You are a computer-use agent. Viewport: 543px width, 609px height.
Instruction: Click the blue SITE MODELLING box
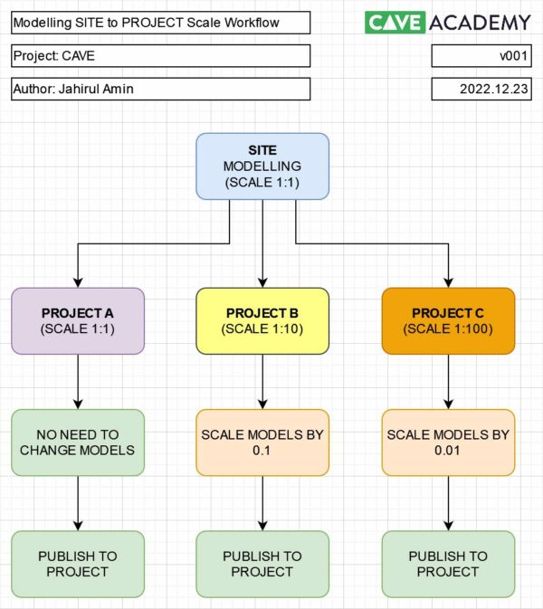(262, 167)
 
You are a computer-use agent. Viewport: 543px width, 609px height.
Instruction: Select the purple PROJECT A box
(78, 320)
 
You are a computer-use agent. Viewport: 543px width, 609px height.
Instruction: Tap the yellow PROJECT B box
(262, 320)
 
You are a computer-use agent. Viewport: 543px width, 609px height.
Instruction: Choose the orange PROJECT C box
(448, 320)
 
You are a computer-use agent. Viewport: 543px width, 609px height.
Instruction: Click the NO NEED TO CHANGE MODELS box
(78, 442)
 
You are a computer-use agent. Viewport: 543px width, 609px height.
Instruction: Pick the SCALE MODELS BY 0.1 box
(262, 442)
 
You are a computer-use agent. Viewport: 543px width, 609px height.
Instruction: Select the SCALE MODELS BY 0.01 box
(448, 442)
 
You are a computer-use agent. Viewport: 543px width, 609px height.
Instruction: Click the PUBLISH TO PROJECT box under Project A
(78, 563)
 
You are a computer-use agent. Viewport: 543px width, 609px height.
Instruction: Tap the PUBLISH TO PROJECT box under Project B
(262, 563)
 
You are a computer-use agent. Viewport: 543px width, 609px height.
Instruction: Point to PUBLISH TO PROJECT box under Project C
(448, 563)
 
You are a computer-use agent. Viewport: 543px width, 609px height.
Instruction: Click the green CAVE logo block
(395, 23)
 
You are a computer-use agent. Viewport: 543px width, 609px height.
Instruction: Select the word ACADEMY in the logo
(481, 23)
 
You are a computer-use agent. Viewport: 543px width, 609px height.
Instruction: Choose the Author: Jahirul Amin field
(161, 89)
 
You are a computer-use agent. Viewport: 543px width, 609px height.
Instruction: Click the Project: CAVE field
(161, 56)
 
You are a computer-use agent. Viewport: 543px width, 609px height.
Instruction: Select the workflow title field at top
(161, 23)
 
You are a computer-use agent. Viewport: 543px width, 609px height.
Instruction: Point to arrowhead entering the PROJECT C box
(448, 282)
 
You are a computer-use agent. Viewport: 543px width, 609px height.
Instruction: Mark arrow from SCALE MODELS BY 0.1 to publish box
(262, 502)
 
